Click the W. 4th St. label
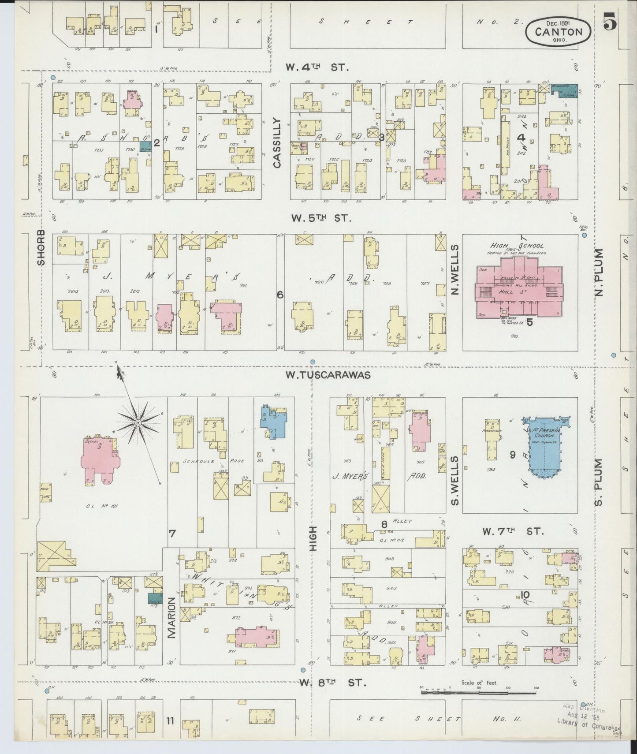(x=317, y=67)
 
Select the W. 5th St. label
(x=321, y=218)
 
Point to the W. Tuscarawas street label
(x=328, y=375)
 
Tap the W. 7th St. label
(x=513, y=531)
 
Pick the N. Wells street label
(x=455, y=270)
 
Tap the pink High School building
(x=518, y=291)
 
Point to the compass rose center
(x=138, y=422)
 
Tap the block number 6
(x=279, y=295)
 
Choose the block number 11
(x=170, y=721)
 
